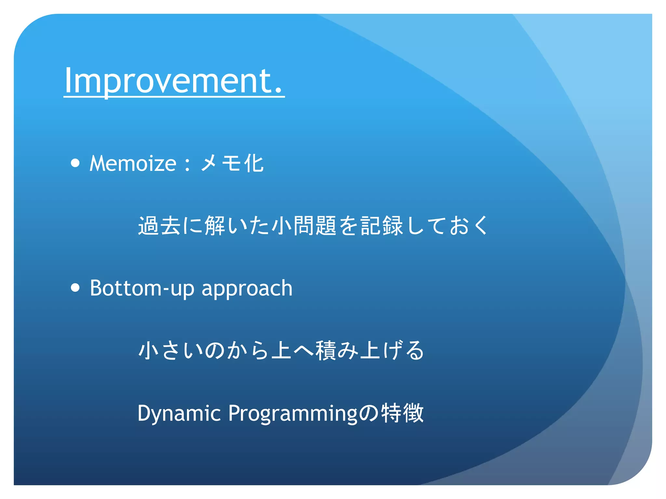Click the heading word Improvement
pos(169,81)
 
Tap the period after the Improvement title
pos(278,91)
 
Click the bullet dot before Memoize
pos(75,163)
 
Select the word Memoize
pos(133,163)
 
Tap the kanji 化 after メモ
pos(254,163)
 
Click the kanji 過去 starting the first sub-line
pos(159,225)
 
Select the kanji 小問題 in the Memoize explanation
pos(304,225)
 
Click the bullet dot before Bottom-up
pos(75,288)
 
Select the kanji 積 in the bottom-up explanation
pos(326,350)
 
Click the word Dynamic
pos(179,414)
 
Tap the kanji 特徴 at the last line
pos(402,413)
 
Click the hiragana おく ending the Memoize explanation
pos(469,225)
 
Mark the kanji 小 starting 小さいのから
pos(148,350)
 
